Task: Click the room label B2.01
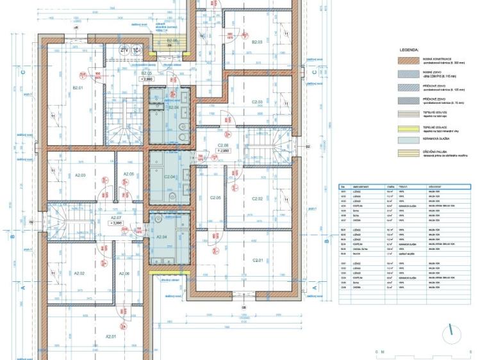coord(79,88)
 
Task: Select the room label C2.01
coord(258,260)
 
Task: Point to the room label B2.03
coord(257,42)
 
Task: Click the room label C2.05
coord(215,198)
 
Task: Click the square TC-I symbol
coord(137,49)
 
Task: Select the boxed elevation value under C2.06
coord(223,151)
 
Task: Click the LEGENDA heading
coord(408,49)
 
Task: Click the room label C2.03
coord(257,102)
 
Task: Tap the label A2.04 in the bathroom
coord(161,237)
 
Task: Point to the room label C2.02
coord(257,199)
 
